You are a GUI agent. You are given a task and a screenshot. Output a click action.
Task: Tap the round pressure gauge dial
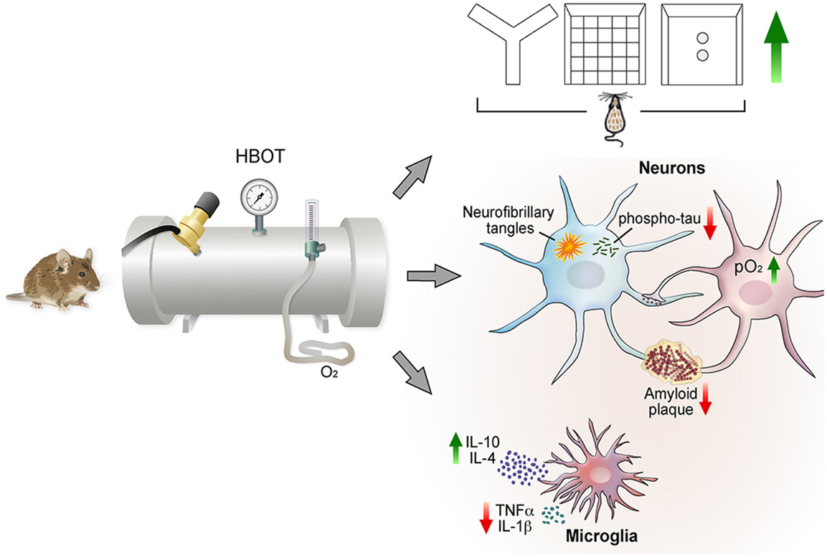coord(256,194)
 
